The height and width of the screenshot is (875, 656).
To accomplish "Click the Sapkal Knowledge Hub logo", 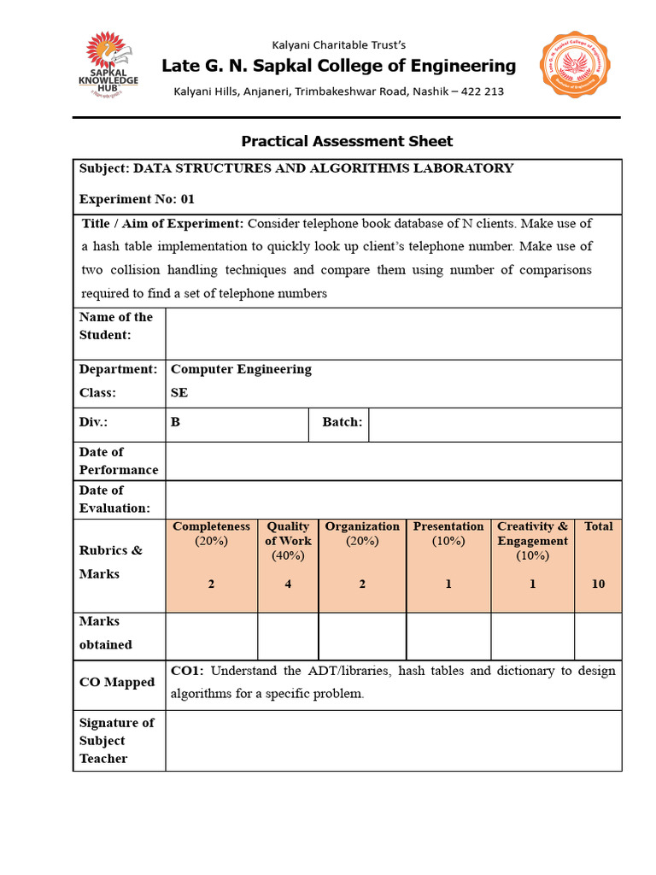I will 108,67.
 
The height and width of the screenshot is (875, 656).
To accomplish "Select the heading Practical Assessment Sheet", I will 347,141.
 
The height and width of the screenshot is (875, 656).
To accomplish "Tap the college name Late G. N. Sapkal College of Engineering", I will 338,66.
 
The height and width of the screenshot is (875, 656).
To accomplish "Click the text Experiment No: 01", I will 137,199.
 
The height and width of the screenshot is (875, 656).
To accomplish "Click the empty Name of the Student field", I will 393,333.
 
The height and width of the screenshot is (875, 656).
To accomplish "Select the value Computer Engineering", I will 242,369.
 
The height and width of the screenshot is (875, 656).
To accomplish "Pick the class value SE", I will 179,393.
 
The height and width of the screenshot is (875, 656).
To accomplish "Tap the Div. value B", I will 176,422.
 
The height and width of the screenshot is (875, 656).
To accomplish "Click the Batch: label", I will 342,422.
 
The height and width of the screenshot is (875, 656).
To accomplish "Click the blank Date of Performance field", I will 393,461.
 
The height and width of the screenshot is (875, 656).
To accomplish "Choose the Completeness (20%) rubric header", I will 212,533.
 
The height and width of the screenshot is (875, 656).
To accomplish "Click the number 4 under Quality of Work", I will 288,584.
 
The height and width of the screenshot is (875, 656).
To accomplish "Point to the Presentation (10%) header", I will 448,533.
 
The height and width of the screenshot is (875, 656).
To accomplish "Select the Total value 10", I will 598,584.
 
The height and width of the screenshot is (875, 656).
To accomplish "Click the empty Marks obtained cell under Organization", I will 362,637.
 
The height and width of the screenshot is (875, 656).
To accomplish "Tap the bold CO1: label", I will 187,671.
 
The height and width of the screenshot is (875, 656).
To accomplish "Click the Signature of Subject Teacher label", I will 116,741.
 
